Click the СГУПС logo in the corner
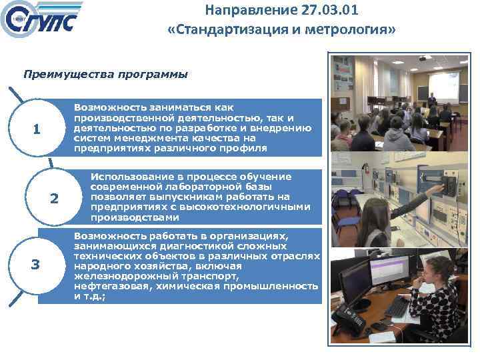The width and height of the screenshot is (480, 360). (x=43, y=21)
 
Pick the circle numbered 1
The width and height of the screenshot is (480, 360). (x=36, y=129)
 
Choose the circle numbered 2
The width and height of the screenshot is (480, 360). (x=54, y=198)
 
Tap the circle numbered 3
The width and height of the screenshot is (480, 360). (x=36, y=265)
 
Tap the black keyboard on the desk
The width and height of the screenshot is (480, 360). (x=397, y=306)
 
